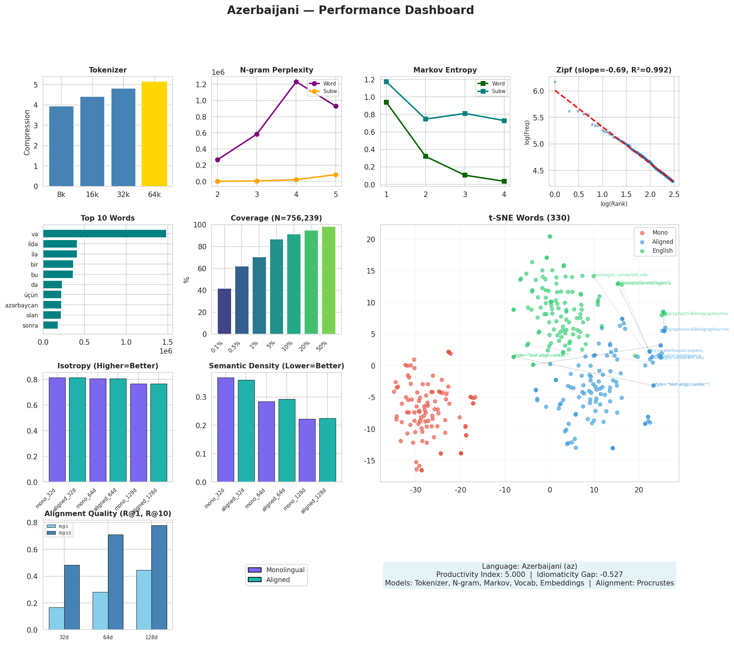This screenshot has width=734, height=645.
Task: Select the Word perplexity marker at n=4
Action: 296,82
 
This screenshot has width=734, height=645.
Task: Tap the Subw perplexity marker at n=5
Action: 335,175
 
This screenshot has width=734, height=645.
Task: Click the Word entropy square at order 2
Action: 426,156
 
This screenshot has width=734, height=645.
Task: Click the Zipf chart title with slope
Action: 613,70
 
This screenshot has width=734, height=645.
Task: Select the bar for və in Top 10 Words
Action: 105,234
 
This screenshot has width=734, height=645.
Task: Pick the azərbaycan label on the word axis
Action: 22,305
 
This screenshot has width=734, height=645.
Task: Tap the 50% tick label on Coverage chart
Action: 322,345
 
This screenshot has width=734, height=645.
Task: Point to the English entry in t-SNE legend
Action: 662,251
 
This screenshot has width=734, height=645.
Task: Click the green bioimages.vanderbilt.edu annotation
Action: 620,275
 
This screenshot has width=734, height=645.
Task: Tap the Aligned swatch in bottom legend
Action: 254,580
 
